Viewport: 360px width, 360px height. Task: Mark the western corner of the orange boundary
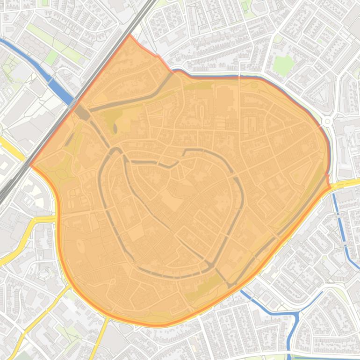point(31,165)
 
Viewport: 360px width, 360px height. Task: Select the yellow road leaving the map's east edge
point(348,183)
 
